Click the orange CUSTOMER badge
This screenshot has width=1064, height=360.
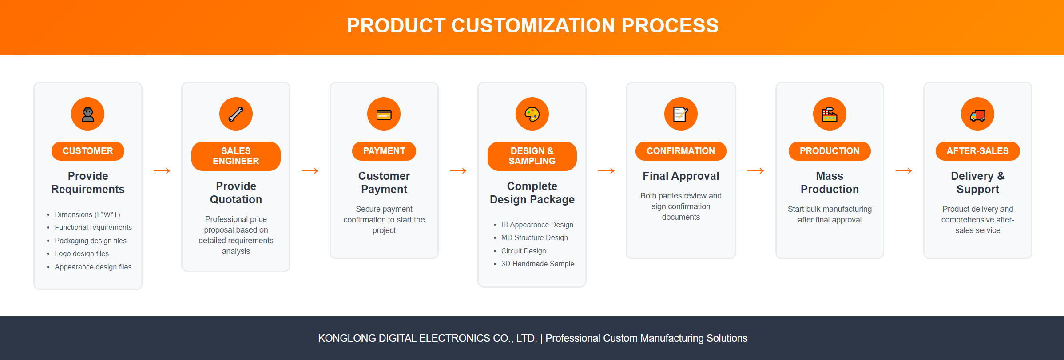point(88,151)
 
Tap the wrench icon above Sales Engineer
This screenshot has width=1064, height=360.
point(236,114)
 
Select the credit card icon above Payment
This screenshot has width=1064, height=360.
point(384,115)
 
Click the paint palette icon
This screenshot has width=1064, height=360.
point(532,114)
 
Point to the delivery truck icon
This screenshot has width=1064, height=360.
point(978,115)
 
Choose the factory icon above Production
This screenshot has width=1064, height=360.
point(830,114)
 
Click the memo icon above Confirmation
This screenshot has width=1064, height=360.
point(681,114)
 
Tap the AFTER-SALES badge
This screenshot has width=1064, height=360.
point(978,151)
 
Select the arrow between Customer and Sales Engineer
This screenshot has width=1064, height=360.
point(162,171)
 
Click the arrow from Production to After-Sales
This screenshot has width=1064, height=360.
point(904,171)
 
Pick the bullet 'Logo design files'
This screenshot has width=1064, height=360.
point(82,253)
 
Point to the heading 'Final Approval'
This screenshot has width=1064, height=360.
point(681,176)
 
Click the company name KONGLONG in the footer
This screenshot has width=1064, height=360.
point(347,338)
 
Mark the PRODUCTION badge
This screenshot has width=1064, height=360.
point(830,151)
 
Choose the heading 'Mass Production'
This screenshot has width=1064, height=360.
point(830,182)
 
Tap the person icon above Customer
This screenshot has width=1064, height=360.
point(88,114)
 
